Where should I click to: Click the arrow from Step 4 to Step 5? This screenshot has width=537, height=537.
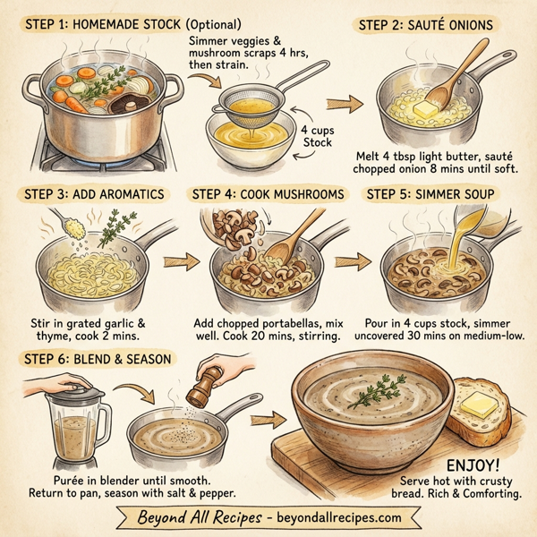point(351,262)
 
